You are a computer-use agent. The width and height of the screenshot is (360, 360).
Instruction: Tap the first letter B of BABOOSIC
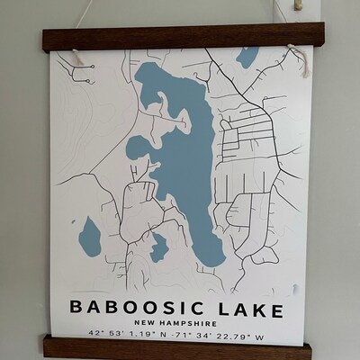click(78, 307)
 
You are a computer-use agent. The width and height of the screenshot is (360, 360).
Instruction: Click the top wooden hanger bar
click(180, 38)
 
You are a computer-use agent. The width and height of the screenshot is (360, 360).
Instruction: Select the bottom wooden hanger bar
click(180, 347)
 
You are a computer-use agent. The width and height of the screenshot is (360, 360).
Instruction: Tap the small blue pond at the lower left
click(89, 237)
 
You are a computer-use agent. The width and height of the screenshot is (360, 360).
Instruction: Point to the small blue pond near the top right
click(247, 57)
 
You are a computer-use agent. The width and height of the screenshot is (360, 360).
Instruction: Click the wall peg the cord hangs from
click(297, 6)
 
